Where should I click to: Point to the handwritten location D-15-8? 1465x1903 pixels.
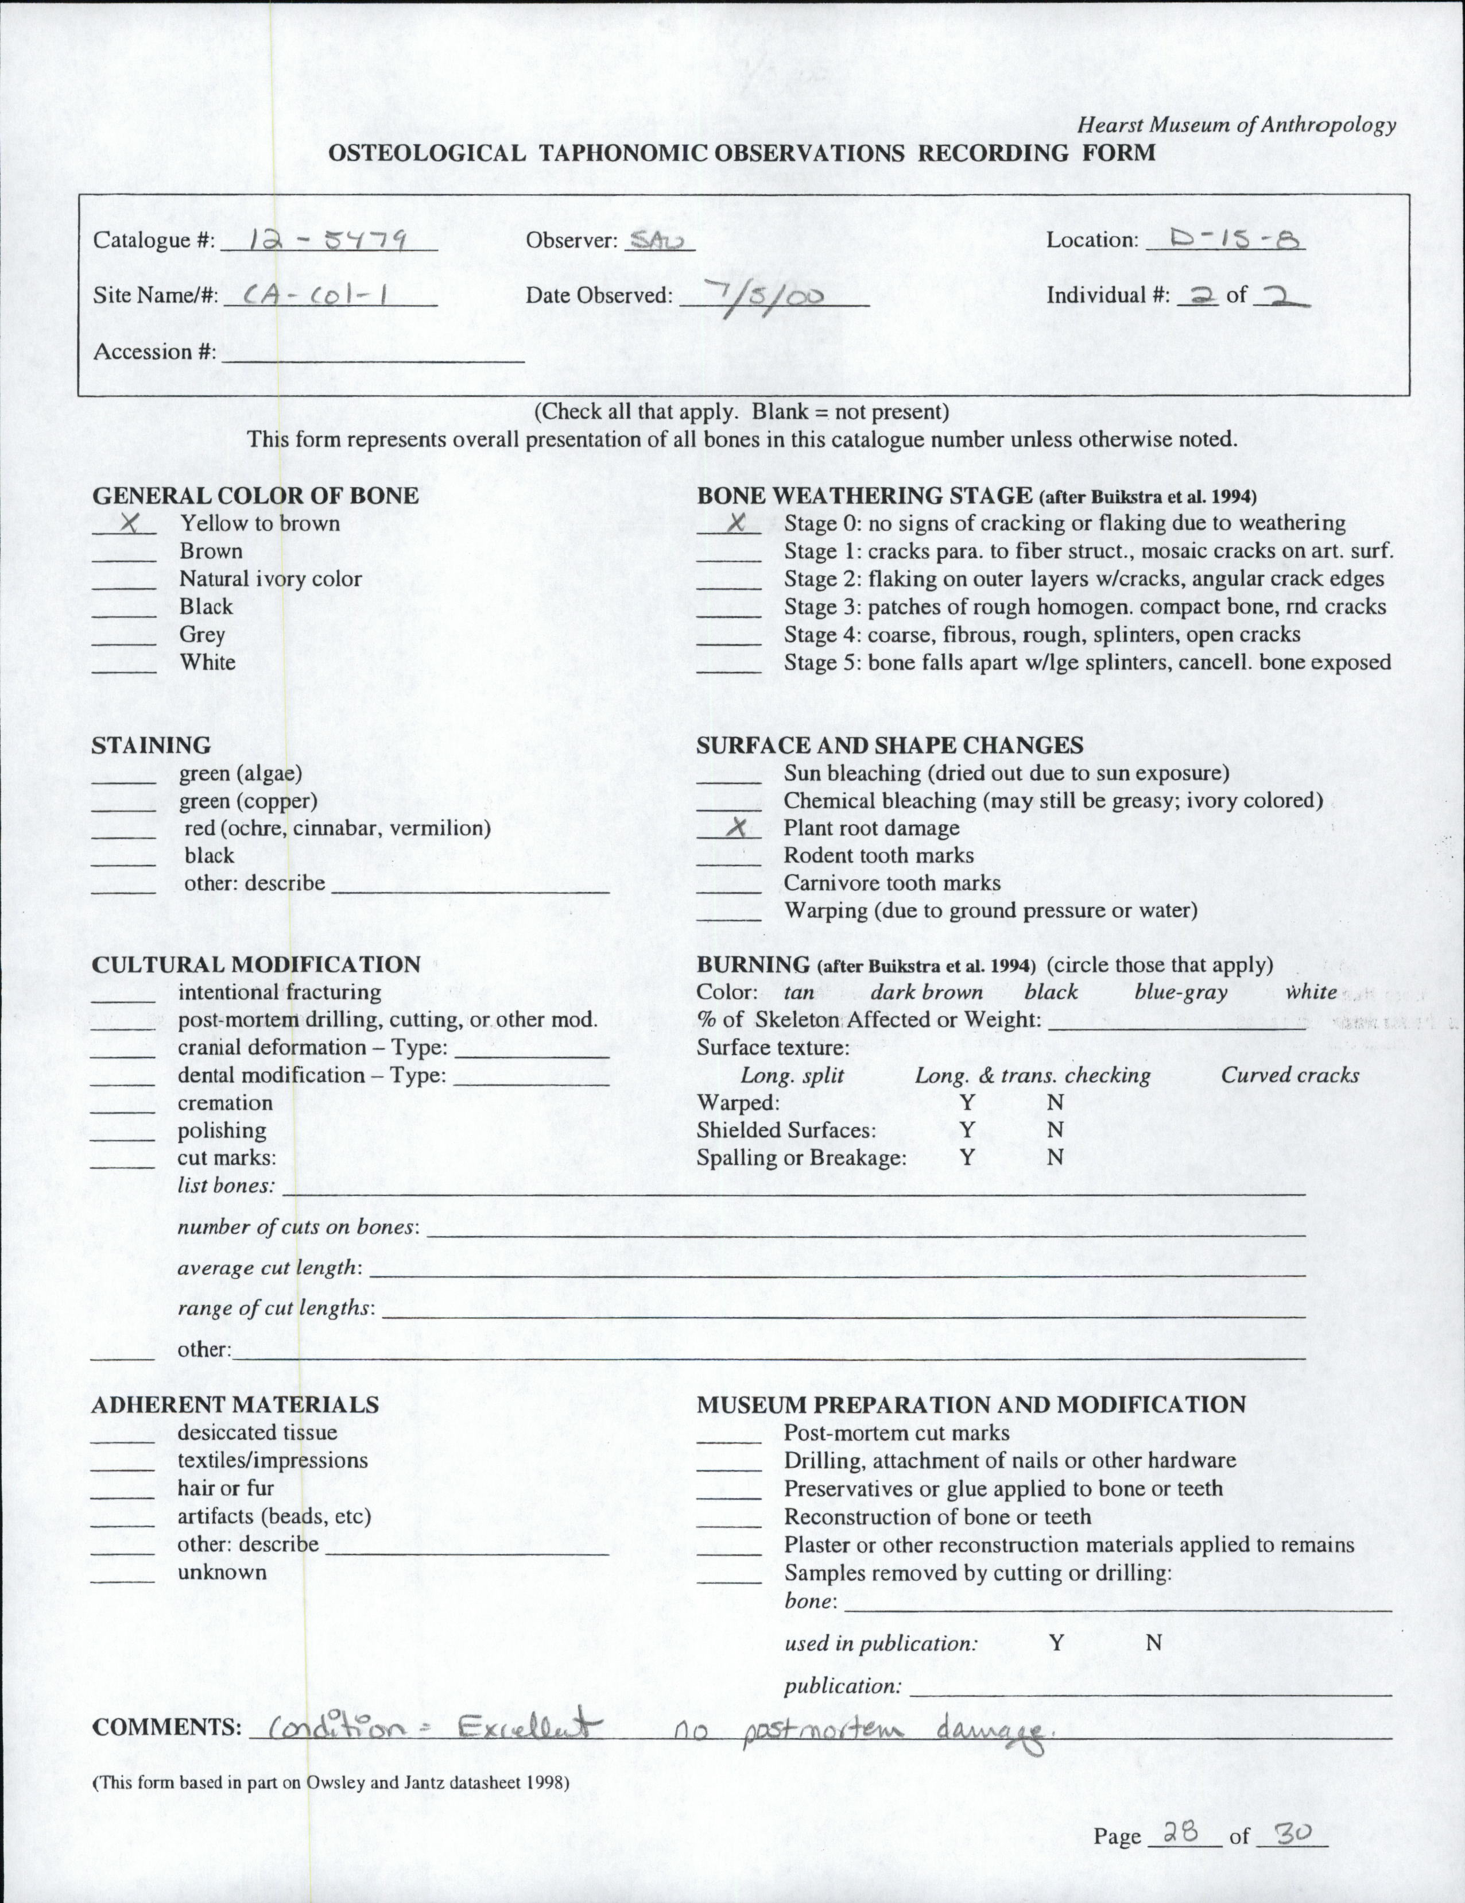tap(1226, 238)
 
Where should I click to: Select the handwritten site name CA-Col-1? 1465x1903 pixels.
tap(317, 296)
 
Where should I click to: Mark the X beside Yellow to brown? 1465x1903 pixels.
tap(131, 522)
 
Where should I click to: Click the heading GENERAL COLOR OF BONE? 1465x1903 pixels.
tap(255, 496)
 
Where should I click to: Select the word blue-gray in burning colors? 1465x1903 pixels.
tap(1180, 991)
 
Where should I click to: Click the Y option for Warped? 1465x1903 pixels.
tap(967, 1102)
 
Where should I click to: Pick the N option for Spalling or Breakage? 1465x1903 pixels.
tap(1055, 1158)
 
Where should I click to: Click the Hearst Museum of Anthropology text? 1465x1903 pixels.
tap(1236, 125)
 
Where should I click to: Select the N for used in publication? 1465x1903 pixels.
tap(1153, 1643)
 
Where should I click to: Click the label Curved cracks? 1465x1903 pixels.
tap(1289, 1075)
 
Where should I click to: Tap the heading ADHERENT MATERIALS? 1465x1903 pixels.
tap(235, 1404)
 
